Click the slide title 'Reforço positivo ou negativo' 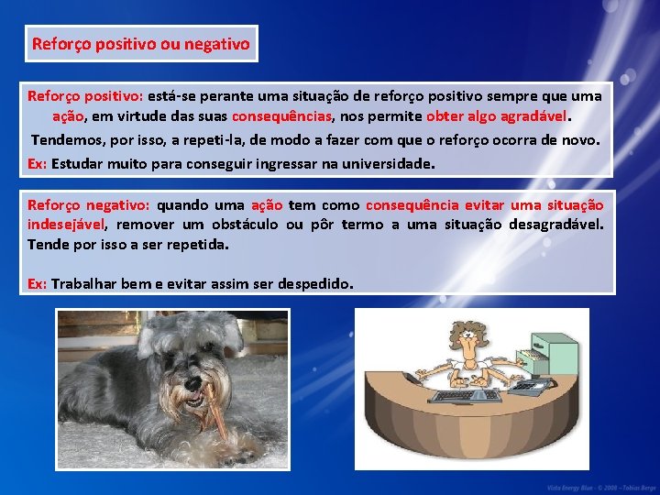coord(140,43)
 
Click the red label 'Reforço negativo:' coord(88,205)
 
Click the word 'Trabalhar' coord(83,283)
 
